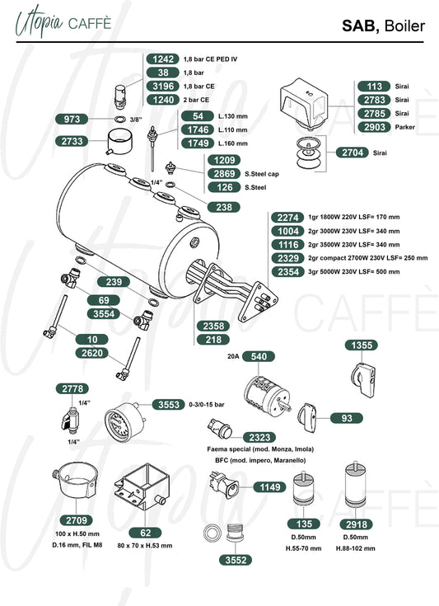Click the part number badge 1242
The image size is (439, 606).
point(162,59)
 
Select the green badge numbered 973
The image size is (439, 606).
point(72,119)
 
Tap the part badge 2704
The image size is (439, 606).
point(353,153)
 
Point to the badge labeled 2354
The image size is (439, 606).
point(287,272)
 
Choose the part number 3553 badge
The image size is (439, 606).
point(169,405)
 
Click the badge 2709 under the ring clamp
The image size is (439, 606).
point(77,520)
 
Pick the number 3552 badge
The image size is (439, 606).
point(236,560)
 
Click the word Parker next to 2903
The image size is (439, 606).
point(404,127)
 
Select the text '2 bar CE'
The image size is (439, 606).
point(196,100)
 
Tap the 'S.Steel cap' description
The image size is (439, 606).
point(262,174)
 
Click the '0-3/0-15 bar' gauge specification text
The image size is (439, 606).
point(207,405)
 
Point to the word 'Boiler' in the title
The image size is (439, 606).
point(404,26)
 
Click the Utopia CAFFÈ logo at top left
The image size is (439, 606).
point(63,22)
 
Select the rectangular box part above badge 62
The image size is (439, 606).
point(142,488)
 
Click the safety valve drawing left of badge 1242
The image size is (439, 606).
point(120,96)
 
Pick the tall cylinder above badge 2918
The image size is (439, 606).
point(355,484)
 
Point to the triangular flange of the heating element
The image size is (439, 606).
point(258,302)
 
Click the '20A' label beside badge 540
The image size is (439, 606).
point(233,356)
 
